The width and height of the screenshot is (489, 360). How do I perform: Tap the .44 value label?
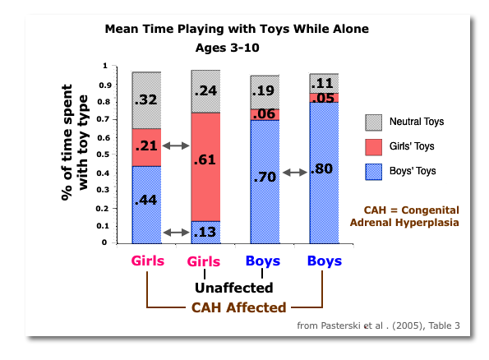tap(145, 200)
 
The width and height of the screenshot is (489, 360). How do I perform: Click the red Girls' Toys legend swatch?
tap(373, 146)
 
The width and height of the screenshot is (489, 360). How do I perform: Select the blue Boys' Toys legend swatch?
tap(373, 171)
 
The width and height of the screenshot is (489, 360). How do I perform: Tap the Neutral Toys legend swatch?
tap(373, 122)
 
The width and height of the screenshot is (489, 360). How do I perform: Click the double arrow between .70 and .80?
tap(293, 173)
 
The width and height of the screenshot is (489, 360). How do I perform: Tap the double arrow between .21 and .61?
tap(175, 145)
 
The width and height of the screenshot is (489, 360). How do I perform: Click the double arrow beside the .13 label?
tap(175, 233)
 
